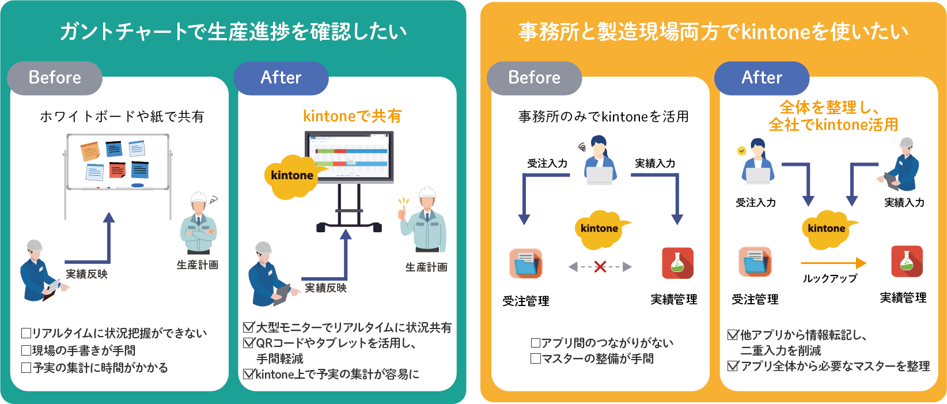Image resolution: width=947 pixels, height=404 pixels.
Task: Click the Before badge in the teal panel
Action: point(55,78)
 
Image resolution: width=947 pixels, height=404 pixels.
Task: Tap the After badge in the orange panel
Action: point(762,78)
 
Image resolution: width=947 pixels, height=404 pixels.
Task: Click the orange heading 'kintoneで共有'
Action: point(352,116)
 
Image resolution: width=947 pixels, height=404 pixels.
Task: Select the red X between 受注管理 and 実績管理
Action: point(600,266)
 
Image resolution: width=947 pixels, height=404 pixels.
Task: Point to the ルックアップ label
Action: point(830,278)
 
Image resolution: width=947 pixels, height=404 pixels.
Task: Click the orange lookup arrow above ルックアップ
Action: point(834,263)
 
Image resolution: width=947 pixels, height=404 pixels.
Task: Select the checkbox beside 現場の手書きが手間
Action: point(26,350)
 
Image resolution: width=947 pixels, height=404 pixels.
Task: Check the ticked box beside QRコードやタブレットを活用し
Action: point(249,343)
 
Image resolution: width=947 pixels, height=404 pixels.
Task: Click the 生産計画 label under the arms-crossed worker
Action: point(198,265)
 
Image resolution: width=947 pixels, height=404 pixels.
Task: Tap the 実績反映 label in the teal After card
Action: point(325,288)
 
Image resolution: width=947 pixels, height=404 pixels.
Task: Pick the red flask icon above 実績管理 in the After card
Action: point(907,261)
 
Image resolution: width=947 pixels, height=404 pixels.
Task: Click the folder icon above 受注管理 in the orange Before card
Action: point(525,263)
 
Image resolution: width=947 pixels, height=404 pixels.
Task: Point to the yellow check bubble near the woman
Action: point(741,151)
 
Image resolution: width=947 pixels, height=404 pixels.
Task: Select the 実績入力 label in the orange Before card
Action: point(655,163)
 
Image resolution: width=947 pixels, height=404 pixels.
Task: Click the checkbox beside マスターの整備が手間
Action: point(536,358)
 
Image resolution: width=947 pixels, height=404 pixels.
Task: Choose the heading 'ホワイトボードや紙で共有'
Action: point(122,116)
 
